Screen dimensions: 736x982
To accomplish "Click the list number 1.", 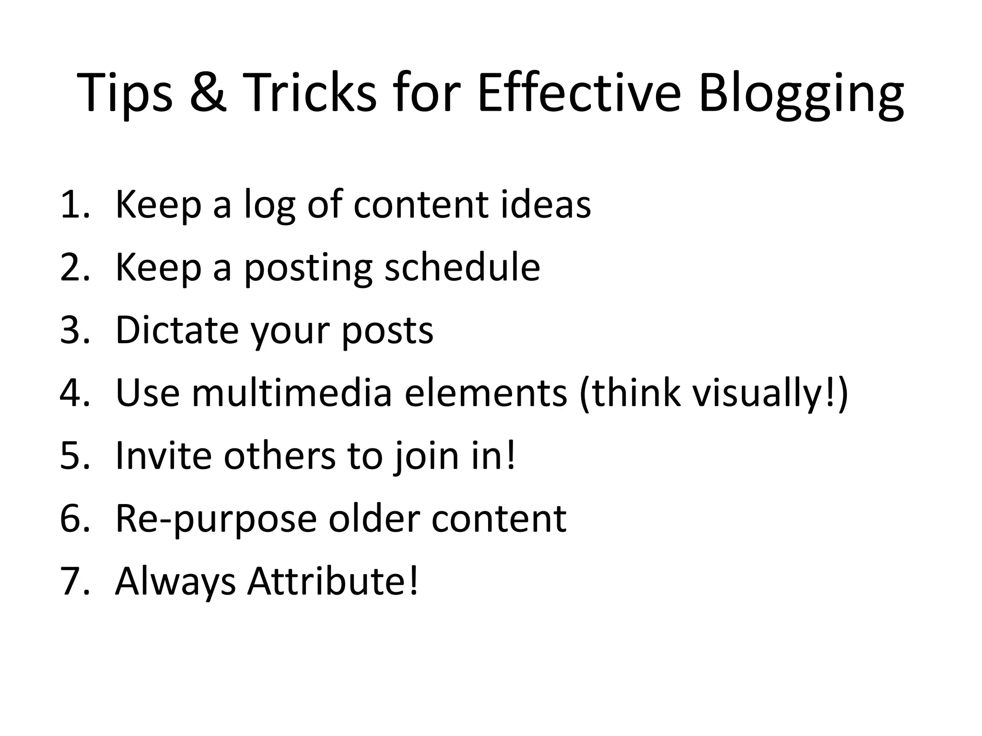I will click(x=72, y=205).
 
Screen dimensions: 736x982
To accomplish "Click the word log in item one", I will click(x=269, y=206).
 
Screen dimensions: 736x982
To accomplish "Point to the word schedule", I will click(x=462, y=267).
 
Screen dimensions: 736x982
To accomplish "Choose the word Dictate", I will click(x=177, y=330).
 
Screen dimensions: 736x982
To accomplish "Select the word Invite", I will click(x=164, y=456).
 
